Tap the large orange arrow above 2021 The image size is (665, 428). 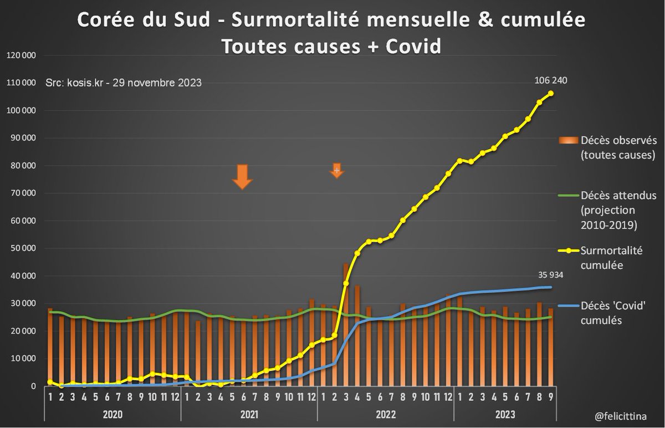point(242,176)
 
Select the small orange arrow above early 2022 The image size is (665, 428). point(337,170)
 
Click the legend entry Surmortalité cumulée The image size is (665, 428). point(611,258)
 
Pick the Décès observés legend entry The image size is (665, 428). point(615,146)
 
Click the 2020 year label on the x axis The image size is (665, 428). point(112,414)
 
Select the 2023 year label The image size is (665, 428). point(504,414)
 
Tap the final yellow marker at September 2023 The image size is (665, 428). point(551,93)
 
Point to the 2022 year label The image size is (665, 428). point(385,414)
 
